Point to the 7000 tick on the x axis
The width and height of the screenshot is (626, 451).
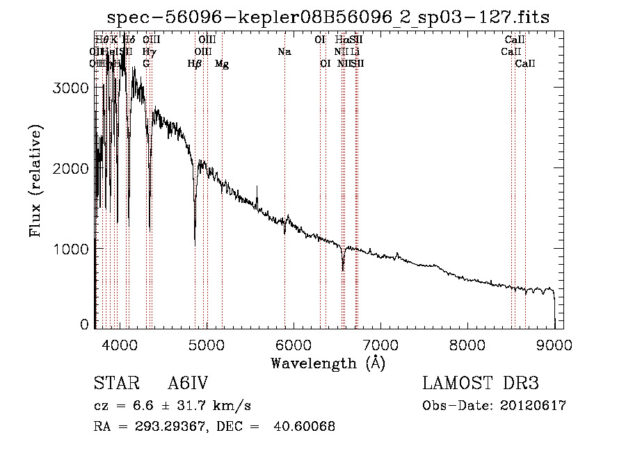click(380, 343)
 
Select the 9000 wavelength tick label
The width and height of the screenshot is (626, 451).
click(554, 343)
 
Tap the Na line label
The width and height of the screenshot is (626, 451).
click(284, 52)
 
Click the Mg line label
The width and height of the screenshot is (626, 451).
click(222, 64)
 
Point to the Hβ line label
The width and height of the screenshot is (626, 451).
click(195, 64)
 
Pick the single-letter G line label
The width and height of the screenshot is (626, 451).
click(146, 64)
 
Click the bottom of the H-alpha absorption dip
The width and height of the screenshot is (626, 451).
click(342, 270)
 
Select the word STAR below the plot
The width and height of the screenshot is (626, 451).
click(114, 384)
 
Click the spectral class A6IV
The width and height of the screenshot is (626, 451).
click(187, 384)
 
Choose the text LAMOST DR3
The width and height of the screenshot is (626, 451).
click(481, 384)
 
